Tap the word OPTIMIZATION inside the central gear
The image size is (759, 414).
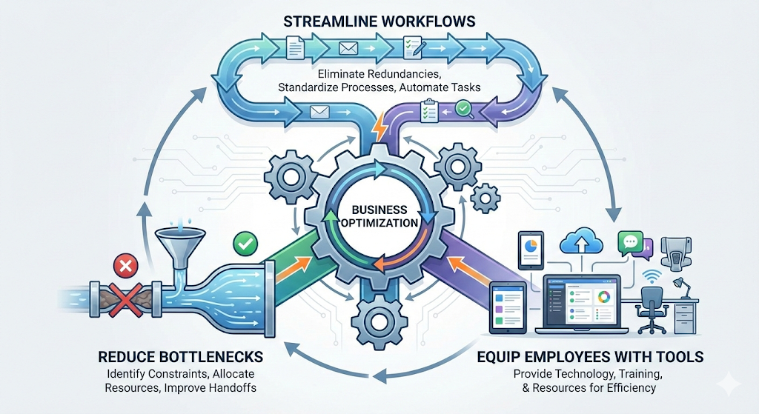pos(379,222)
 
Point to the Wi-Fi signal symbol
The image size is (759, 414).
pos(652,276)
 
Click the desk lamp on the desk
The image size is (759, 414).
pos(677,286)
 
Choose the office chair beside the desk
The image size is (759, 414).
pos(652,307)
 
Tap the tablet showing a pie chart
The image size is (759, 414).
pos(531,250)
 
